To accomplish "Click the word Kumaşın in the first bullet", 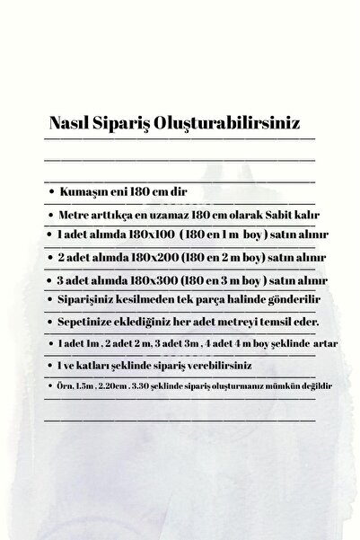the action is coord(84,192).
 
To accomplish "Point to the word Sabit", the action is coord(273,215).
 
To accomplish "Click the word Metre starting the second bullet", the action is coord(75,215).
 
